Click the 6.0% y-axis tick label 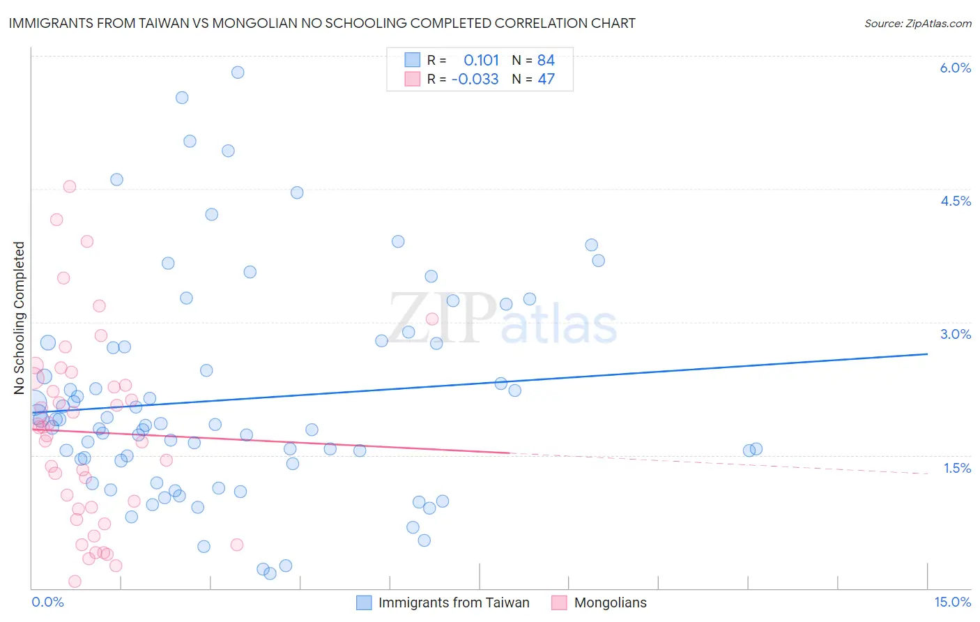(955, 68)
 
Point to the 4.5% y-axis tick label (955, 201)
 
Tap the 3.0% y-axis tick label (955, 334)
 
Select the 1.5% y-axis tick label (957, 468)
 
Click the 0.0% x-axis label (47, 602)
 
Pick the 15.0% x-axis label (952, 602)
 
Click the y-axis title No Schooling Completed (20, 318)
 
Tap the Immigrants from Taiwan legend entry (453, 602)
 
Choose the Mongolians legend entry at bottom (610, 602)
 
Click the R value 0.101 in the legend (481, 61)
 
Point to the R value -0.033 (475, 79)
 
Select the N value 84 (546, 61)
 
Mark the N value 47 (546, 79)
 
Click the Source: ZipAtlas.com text (917, 24)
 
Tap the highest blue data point (238, 73)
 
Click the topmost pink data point (70, 186)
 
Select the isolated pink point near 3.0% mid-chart (432, 319)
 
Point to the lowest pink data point (75, 582)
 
